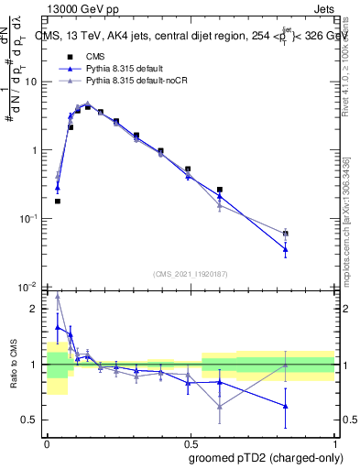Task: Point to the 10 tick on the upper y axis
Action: (33, 82)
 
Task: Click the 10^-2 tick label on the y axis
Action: (30, 288)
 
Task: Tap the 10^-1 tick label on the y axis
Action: (30, 219)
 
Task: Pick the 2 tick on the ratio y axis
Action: (37, 309)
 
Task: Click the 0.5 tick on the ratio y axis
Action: (33, 420)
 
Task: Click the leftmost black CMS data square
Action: (58, 201)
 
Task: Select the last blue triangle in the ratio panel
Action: (286, 406)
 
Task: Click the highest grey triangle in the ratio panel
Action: (58, 295)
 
